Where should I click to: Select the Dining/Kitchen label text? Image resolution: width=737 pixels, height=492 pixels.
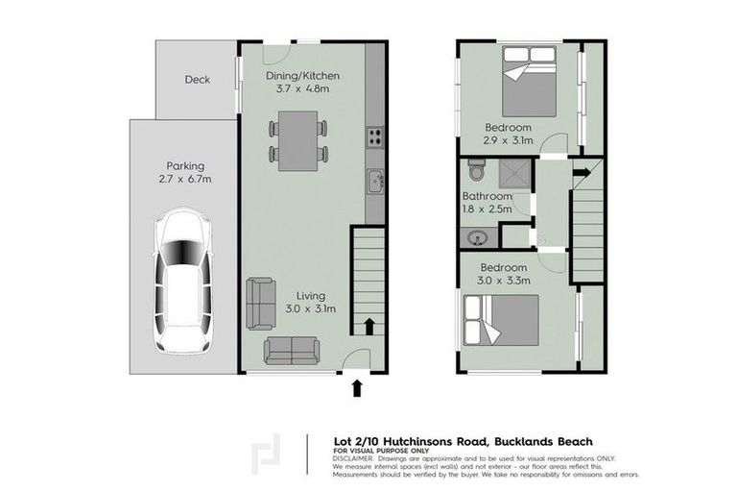tap(301, 77)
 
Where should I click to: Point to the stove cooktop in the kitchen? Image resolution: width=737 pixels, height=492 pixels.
tap(374, 136)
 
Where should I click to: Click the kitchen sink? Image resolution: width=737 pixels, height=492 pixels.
tap(375, 180)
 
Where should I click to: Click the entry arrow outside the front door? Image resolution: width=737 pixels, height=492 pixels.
tap(357, 387)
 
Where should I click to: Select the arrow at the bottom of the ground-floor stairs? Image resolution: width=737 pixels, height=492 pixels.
tap(368, 326)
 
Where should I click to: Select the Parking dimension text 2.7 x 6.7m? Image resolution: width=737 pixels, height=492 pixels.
tap(185, 180)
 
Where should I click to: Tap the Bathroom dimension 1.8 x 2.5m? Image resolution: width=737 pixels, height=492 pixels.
tap(487, 209)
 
